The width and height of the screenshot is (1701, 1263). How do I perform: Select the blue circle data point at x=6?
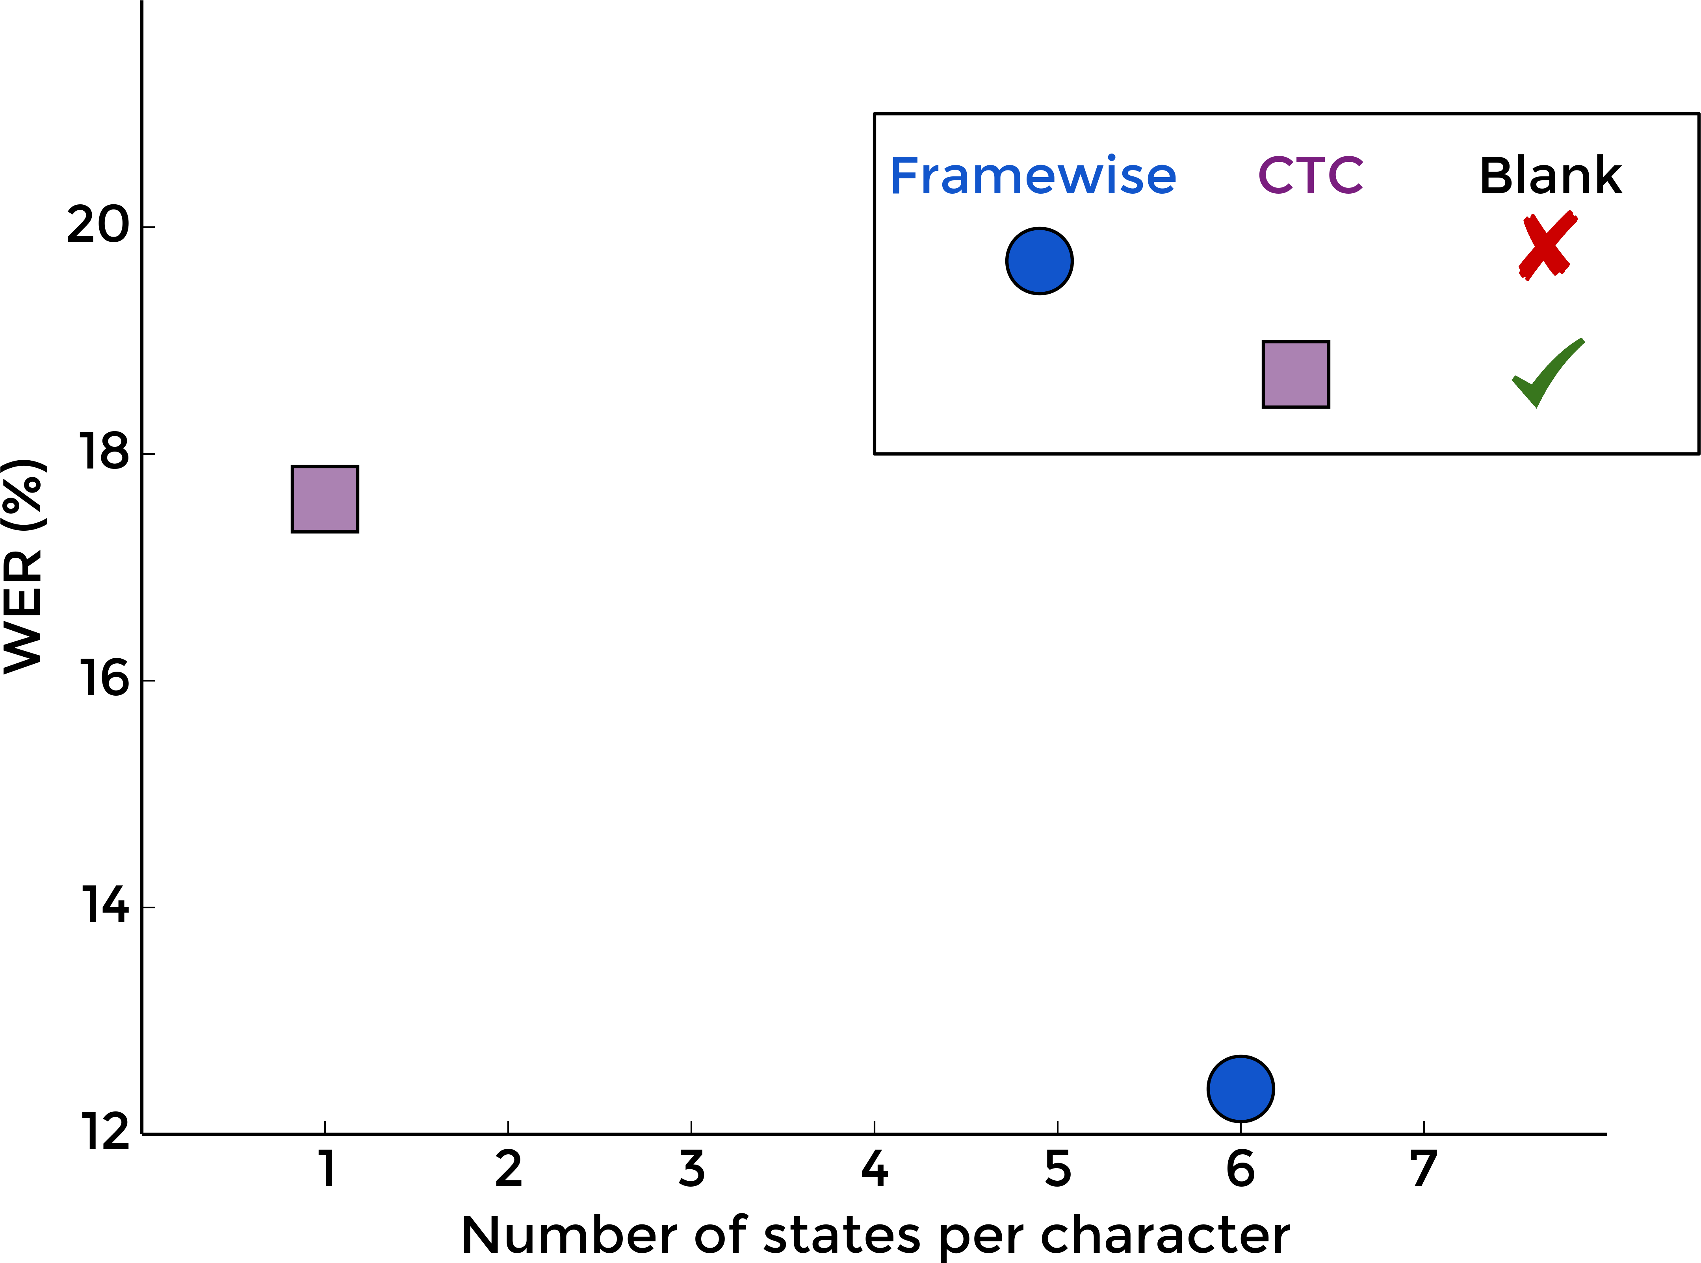click(x=1240, y=1089)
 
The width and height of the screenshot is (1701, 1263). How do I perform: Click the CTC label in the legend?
click(x=1310, y=176)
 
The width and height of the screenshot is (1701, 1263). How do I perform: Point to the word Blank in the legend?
click(x=1551, y=176)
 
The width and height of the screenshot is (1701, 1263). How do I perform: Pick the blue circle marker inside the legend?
click(x=1040, y=261)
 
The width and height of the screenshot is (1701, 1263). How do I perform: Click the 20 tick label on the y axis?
click(x=98, y=226)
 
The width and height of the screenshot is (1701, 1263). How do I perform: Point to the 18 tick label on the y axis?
click(x=104, y=453)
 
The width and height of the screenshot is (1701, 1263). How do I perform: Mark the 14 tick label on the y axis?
click(x=104, y=906)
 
